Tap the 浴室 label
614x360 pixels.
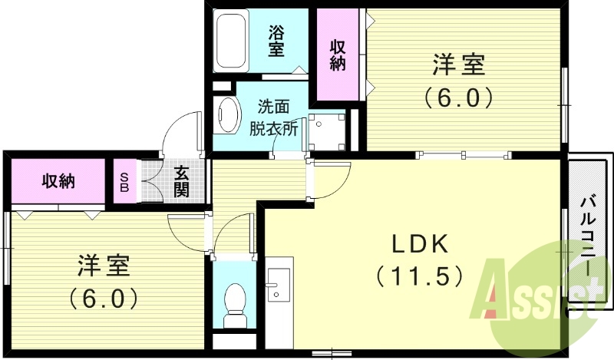pos(276,41)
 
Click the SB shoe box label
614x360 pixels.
pos(124,182)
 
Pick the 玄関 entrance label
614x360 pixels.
pos(181,181)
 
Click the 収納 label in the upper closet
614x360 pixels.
pos(338,54)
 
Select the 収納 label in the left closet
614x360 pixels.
pos(58,181)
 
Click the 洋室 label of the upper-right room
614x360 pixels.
pos(459,66)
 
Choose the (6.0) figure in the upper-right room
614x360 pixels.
pos(459,98)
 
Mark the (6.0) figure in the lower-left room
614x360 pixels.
pos(104,297)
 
